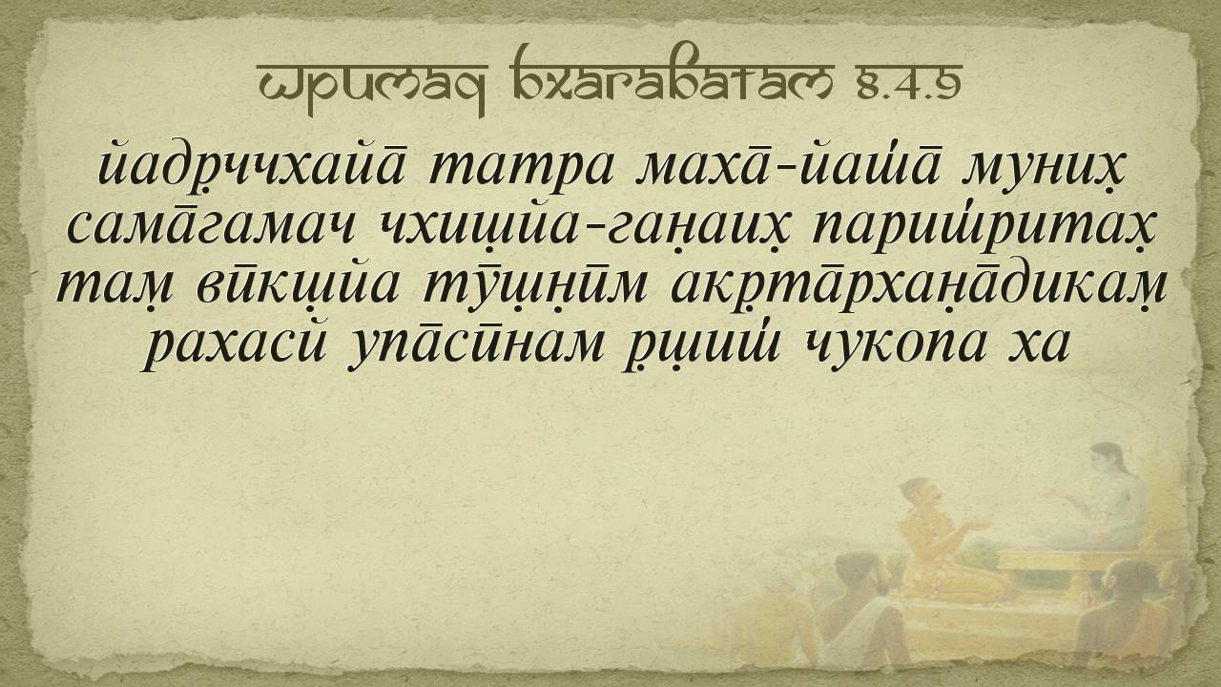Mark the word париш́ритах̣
point(982,225)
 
